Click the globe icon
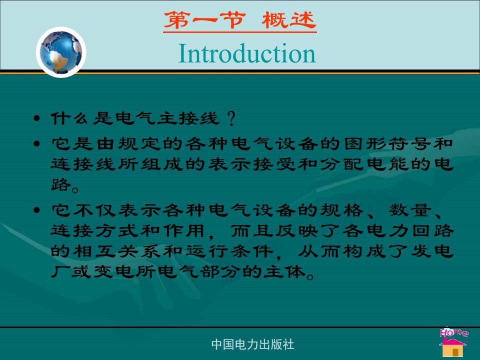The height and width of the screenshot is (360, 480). tap(61, 52)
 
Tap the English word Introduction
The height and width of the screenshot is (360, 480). tap(246, 53)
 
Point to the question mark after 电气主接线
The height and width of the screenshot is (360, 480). tap(231, 119)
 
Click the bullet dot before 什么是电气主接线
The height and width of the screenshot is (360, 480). tap(36, 118)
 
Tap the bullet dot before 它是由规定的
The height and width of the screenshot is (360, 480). tap(36, 143)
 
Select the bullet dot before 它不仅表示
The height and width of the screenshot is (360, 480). tap(36, 210)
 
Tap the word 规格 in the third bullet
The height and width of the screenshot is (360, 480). tap(341, 210)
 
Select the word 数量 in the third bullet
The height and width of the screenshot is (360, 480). tap(410, 210)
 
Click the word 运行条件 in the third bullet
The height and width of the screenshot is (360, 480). tap(229, 251)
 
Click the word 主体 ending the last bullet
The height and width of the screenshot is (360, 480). tap(284, 272)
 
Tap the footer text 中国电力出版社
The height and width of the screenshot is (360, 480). tap(252, 344)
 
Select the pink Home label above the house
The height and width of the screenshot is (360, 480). tap(453, 332)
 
